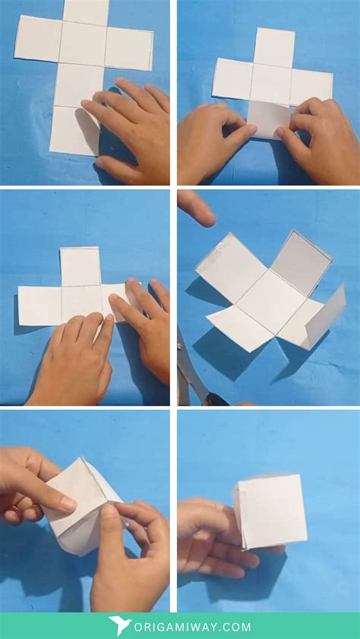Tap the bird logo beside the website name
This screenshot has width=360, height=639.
[120, 626]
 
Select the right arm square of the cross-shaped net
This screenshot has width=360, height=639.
[129, 47]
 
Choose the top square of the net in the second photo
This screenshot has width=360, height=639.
[274, 47]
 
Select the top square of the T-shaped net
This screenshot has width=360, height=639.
[80, 266]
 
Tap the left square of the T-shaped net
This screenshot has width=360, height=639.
[39, 305]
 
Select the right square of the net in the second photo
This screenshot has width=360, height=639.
[311, 87]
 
